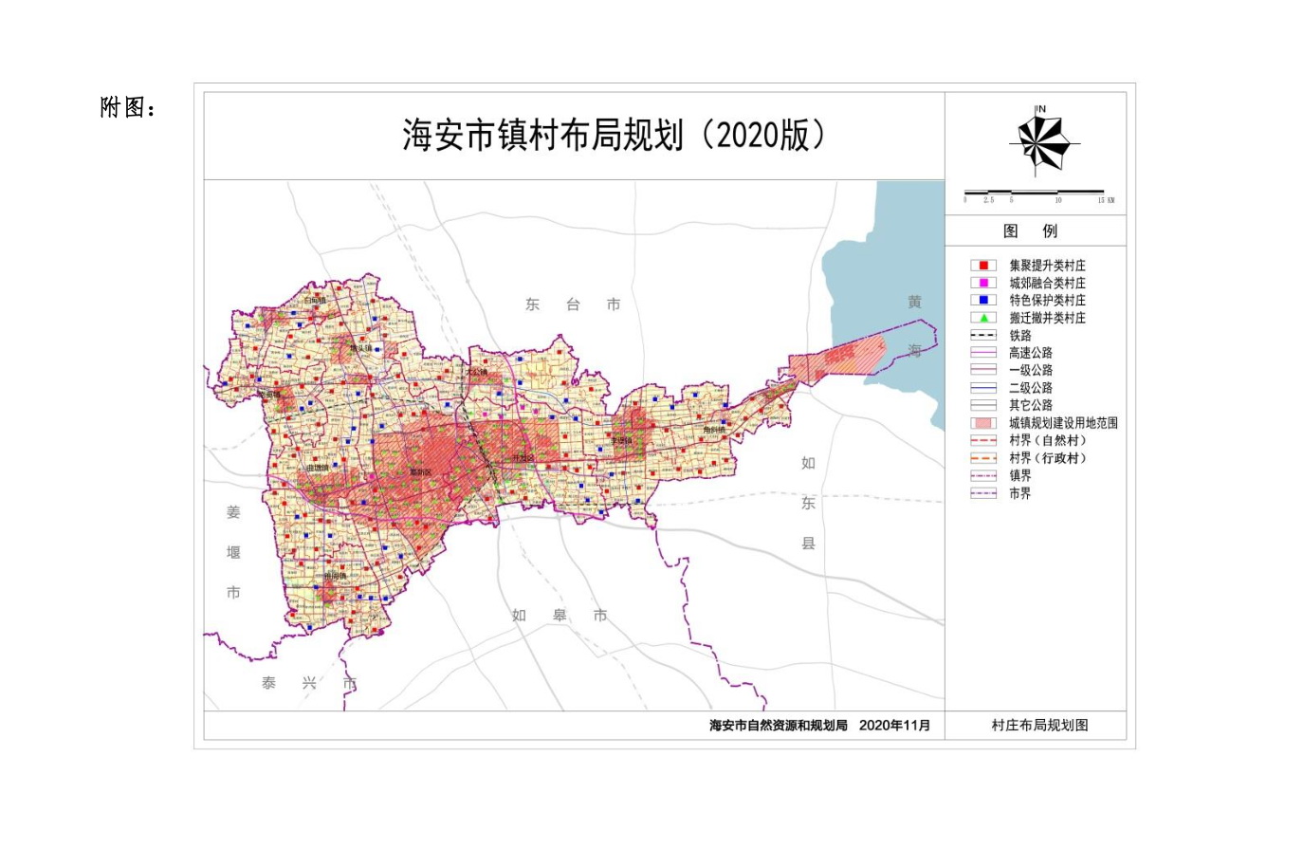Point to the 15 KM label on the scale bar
(1106, 200)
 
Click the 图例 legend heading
(1030, 231)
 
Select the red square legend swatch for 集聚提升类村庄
(983, 266)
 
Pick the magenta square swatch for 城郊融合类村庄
(983, 283)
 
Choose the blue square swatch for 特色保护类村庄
(983, 300)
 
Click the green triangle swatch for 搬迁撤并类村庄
(983, 318)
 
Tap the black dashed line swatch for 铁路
(983, 335)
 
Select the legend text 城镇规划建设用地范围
(1063, 423)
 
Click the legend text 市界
(1019, 493)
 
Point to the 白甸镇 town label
(315, 301)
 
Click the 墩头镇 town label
(361, 348)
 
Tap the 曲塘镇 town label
(318, 468)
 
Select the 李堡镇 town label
(621, 440)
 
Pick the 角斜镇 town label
(714, 430)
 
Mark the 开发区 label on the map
(523, 458)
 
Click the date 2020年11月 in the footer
(894, 726)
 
